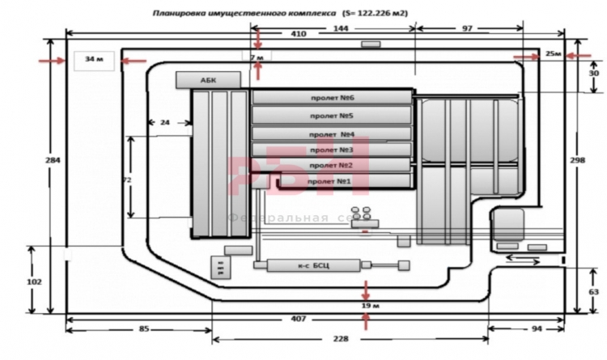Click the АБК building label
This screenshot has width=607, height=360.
pyautogui.click(x=209, y=79)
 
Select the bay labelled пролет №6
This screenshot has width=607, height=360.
pyautogui.click(x=332, y=98)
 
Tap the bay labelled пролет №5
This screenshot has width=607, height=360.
pyautogui.click(x=332, y=116)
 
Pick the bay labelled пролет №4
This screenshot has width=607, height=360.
pyautogui.click(x=332, y=133)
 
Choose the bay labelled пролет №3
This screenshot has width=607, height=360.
pyautogui.click(x=332, y=150)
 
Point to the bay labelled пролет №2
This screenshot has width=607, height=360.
pyautogui.click(x=332, y=165)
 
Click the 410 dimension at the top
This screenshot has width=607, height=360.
pyautogui.click(x=299, y=35)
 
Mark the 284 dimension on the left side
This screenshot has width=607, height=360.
pyautogui.click(x=52, y=160)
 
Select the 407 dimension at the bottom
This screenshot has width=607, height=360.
pyautogui.click(x=299, y=320)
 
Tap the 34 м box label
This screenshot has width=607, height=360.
pyautogui.click(x=96, y=60)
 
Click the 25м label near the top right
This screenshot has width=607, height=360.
pyautogui.click(x=554, y=54)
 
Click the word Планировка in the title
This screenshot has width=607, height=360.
pyautogui.click(x=182, y=14)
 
